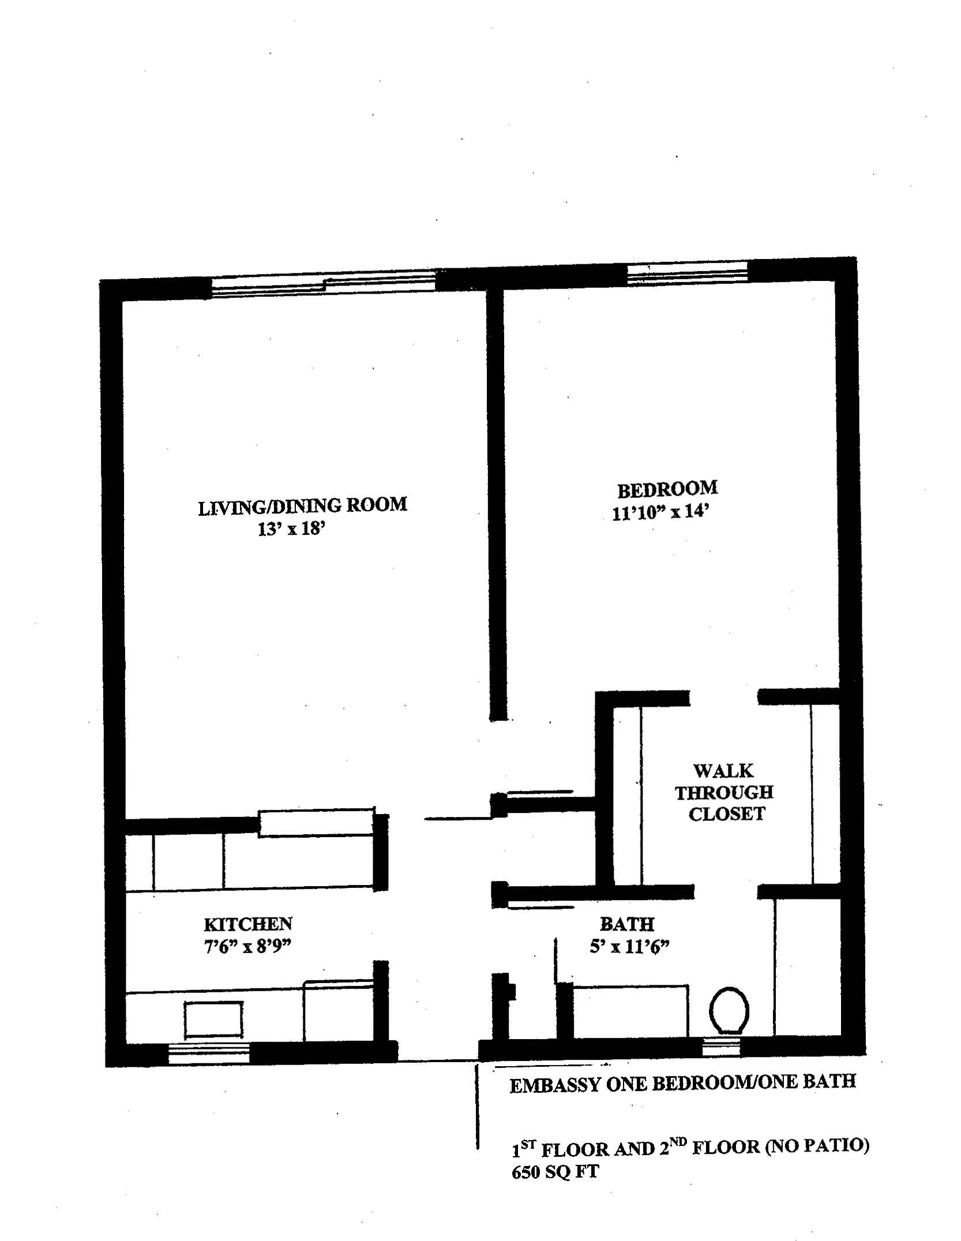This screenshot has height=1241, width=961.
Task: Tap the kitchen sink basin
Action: tap(213, 1019)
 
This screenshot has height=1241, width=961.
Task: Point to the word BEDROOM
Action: tap(667, 490)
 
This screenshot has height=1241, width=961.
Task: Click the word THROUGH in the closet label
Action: tap(724, 793)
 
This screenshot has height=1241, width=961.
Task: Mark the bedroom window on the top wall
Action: tap(687, 273)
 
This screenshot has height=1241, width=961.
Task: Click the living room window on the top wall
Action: tap(324, 286)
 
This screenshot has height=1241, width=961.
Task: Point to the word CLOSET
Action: tap(727, 814)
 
